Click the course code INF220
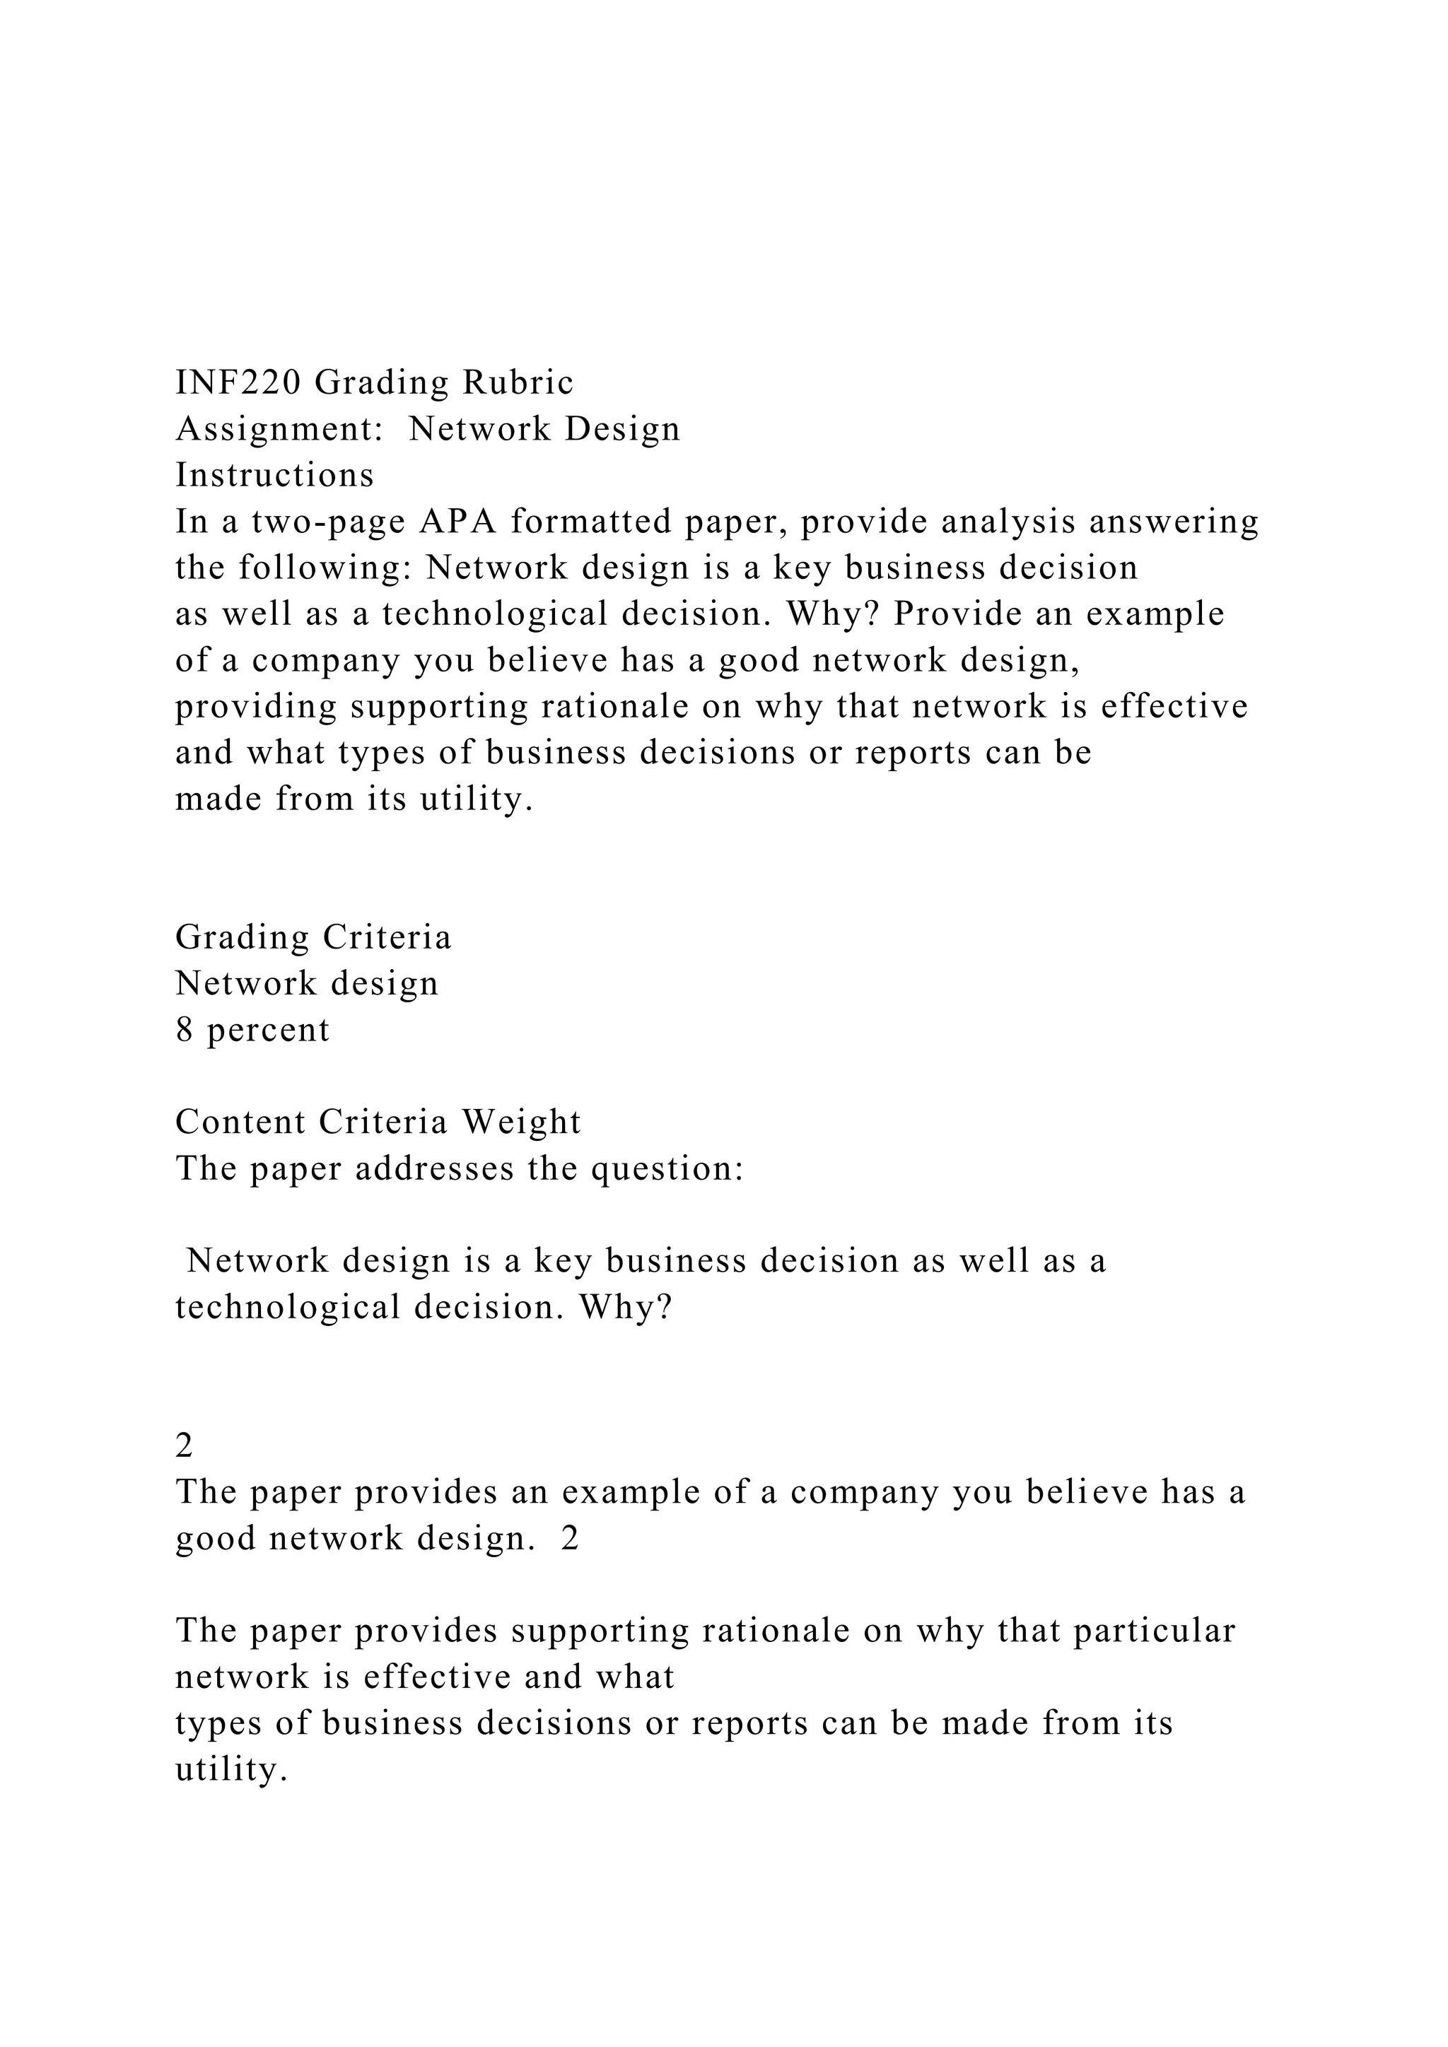point(238,383)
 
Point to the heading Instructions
point(274,475)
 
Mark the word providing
point(257,707)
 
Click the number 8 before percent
point(185,1031)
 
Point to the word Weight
point(520,1122)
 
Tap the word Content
point(240,1122)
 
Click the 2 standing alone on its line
point(185,1446)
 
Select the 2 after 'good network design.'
point(570,1539)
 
